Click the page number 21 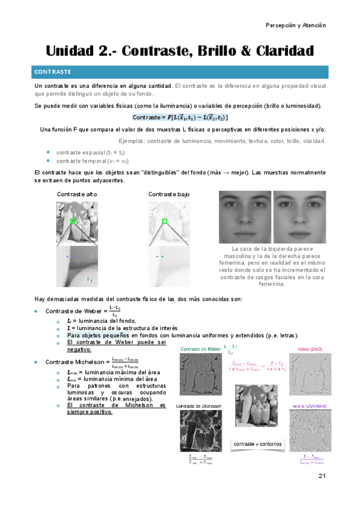coord(322,476)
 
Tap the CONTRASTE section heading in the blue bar coord(53,72)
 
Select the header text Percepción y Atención coord(296,25)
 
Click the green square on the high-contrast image coord(73,222)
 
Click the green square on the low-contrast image coord(164,222)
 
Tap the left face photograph coord(244,217)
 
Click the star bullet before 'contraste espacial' coord(48,153)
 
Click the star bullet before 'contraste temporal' coord(48,161)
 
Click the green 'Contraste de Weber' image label coord(201,349)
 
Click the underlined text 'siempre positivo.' coord(90,412)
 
